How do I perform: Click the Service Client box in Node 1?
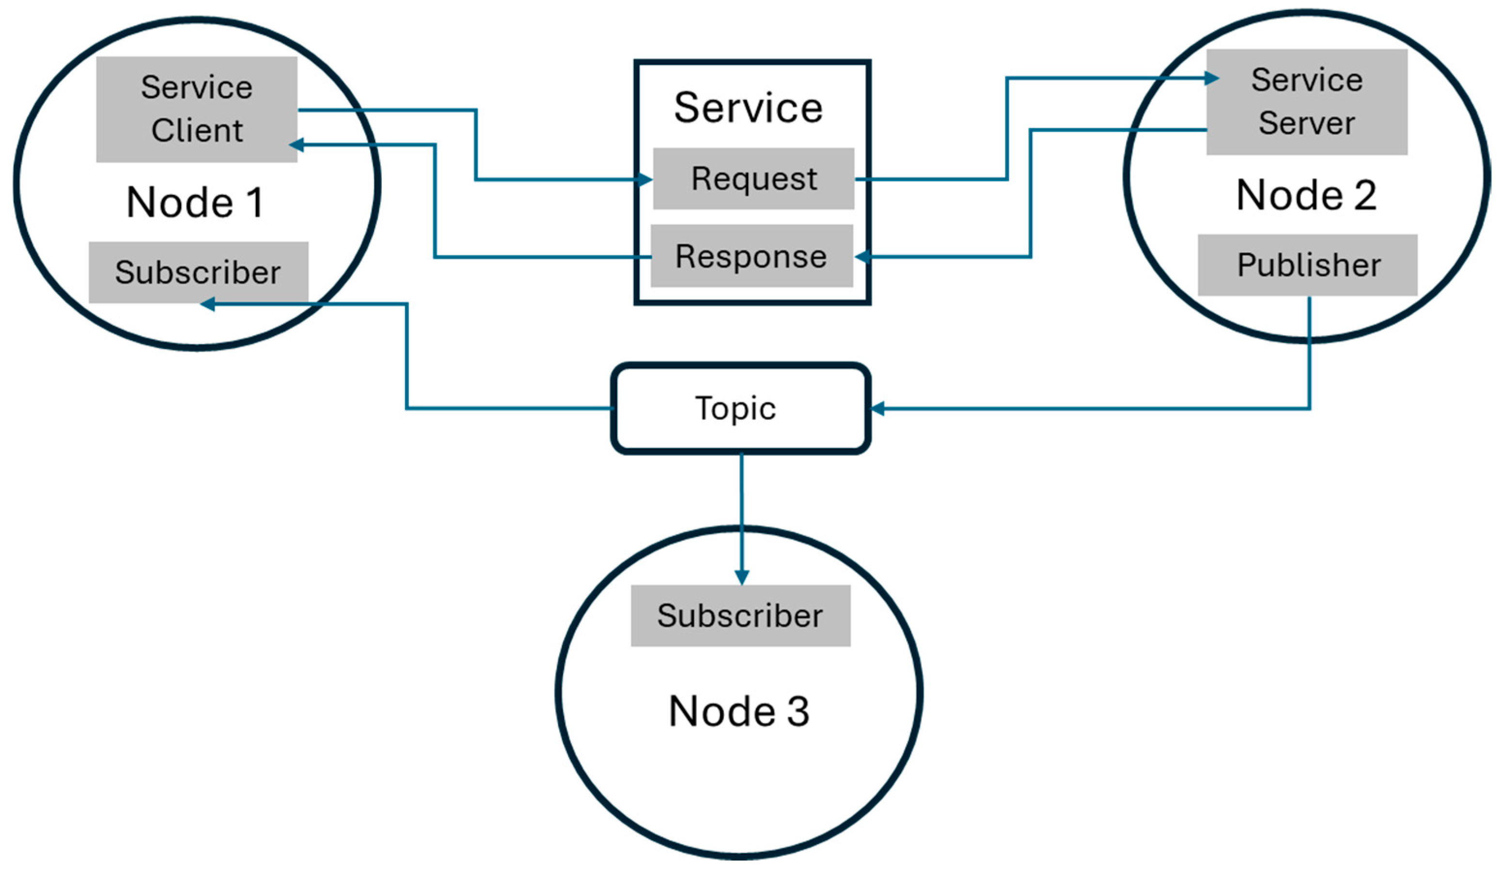click(x=197, y=109)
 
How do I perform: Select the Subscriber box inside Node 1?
click(x=199, y=272)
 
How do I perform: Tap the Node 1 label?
click(x=195, y=202)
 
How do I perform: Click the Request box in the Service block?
click(x=754, y=178)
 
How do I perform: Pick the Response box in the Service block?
click(x=751, y=256)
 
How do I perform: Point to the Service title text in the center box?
click(x=749, y=108)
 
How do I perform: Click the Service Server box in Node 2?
click(x=1307, y=102)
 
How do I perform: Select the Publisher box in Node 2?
click(x=1308, y=265)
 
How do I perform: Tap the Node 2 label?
click(x=1307, y=195)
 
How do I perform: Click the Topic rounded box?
click(x=741, y=408)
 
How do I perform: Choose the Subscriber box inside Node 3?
click(x=741, y=616)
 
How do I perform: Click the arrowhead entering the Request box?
click(x=645, y=179)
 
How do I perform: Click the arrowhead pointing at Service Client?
click(x=297, y=144)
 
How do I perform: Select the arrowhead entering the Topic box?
click(x=878, y=408)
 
